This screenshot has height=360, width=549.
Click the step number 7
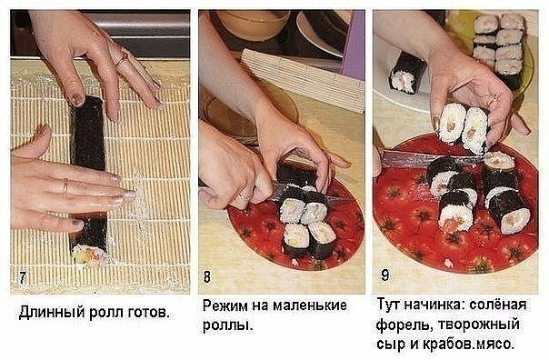pos(23,277)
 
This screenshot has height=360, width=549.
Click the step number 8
pos(207,276)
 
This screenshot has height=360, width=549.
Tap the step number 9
pos(384,275)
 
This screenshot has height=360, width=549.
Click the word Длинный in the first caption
pos(52,312)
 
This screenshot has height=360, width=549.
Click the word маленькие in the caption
pos(310,305)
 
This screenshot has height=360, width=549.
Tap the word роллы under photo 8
pos(227,325)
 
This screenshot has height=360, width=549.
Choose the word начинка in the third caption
pos(434,304)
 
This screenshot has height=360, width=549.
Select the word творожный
pos(478,325)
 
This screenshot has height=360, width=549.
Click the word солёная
pos(497,304)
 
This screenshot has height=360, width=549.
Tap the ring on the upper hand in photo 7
pos(122,59)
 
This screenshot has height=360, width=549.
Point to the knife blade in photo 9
pos(432,159)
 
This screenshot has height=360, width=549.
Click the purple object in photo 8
pos(353,45)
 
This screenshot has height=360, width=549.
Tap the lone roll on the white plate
pos(406,73)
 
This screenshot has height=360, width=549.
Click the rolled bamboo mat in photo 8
pos(304,79)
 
